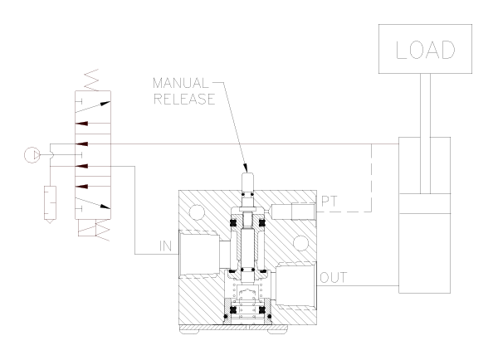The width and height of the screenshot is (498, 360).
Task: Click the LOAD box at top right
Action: tap(427, 50)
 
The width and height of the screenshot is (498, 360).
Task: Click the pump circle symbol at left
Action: tap(31, 152)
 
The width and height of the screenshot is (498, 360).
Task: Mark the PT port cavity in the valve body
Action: tap(290, 211)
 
